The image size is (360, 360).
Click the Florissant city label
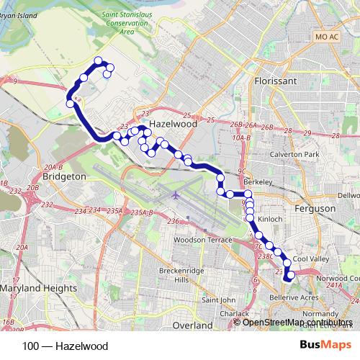pyautogui.click(x=276, y=82)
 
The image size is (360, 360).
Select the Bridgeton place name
pyautogui.click(x=64, y=176)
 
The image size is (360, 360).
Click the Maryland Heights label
pyautogui.click(x=39, y=288)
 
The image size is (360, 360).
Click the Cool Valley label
pyautogui.click(x=310, y=258)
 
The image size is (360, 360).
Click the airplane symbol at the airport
pyautogui.click(x=174, y=194)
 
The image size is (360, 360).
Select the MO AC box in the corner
pyautogui.click(x=327, y=35)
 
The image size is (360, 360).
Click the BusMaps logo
pyautogui.click(x=325, y=346)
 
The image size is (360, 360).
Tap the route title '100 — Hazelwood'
pyautogui.click(x=65, y=346)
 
